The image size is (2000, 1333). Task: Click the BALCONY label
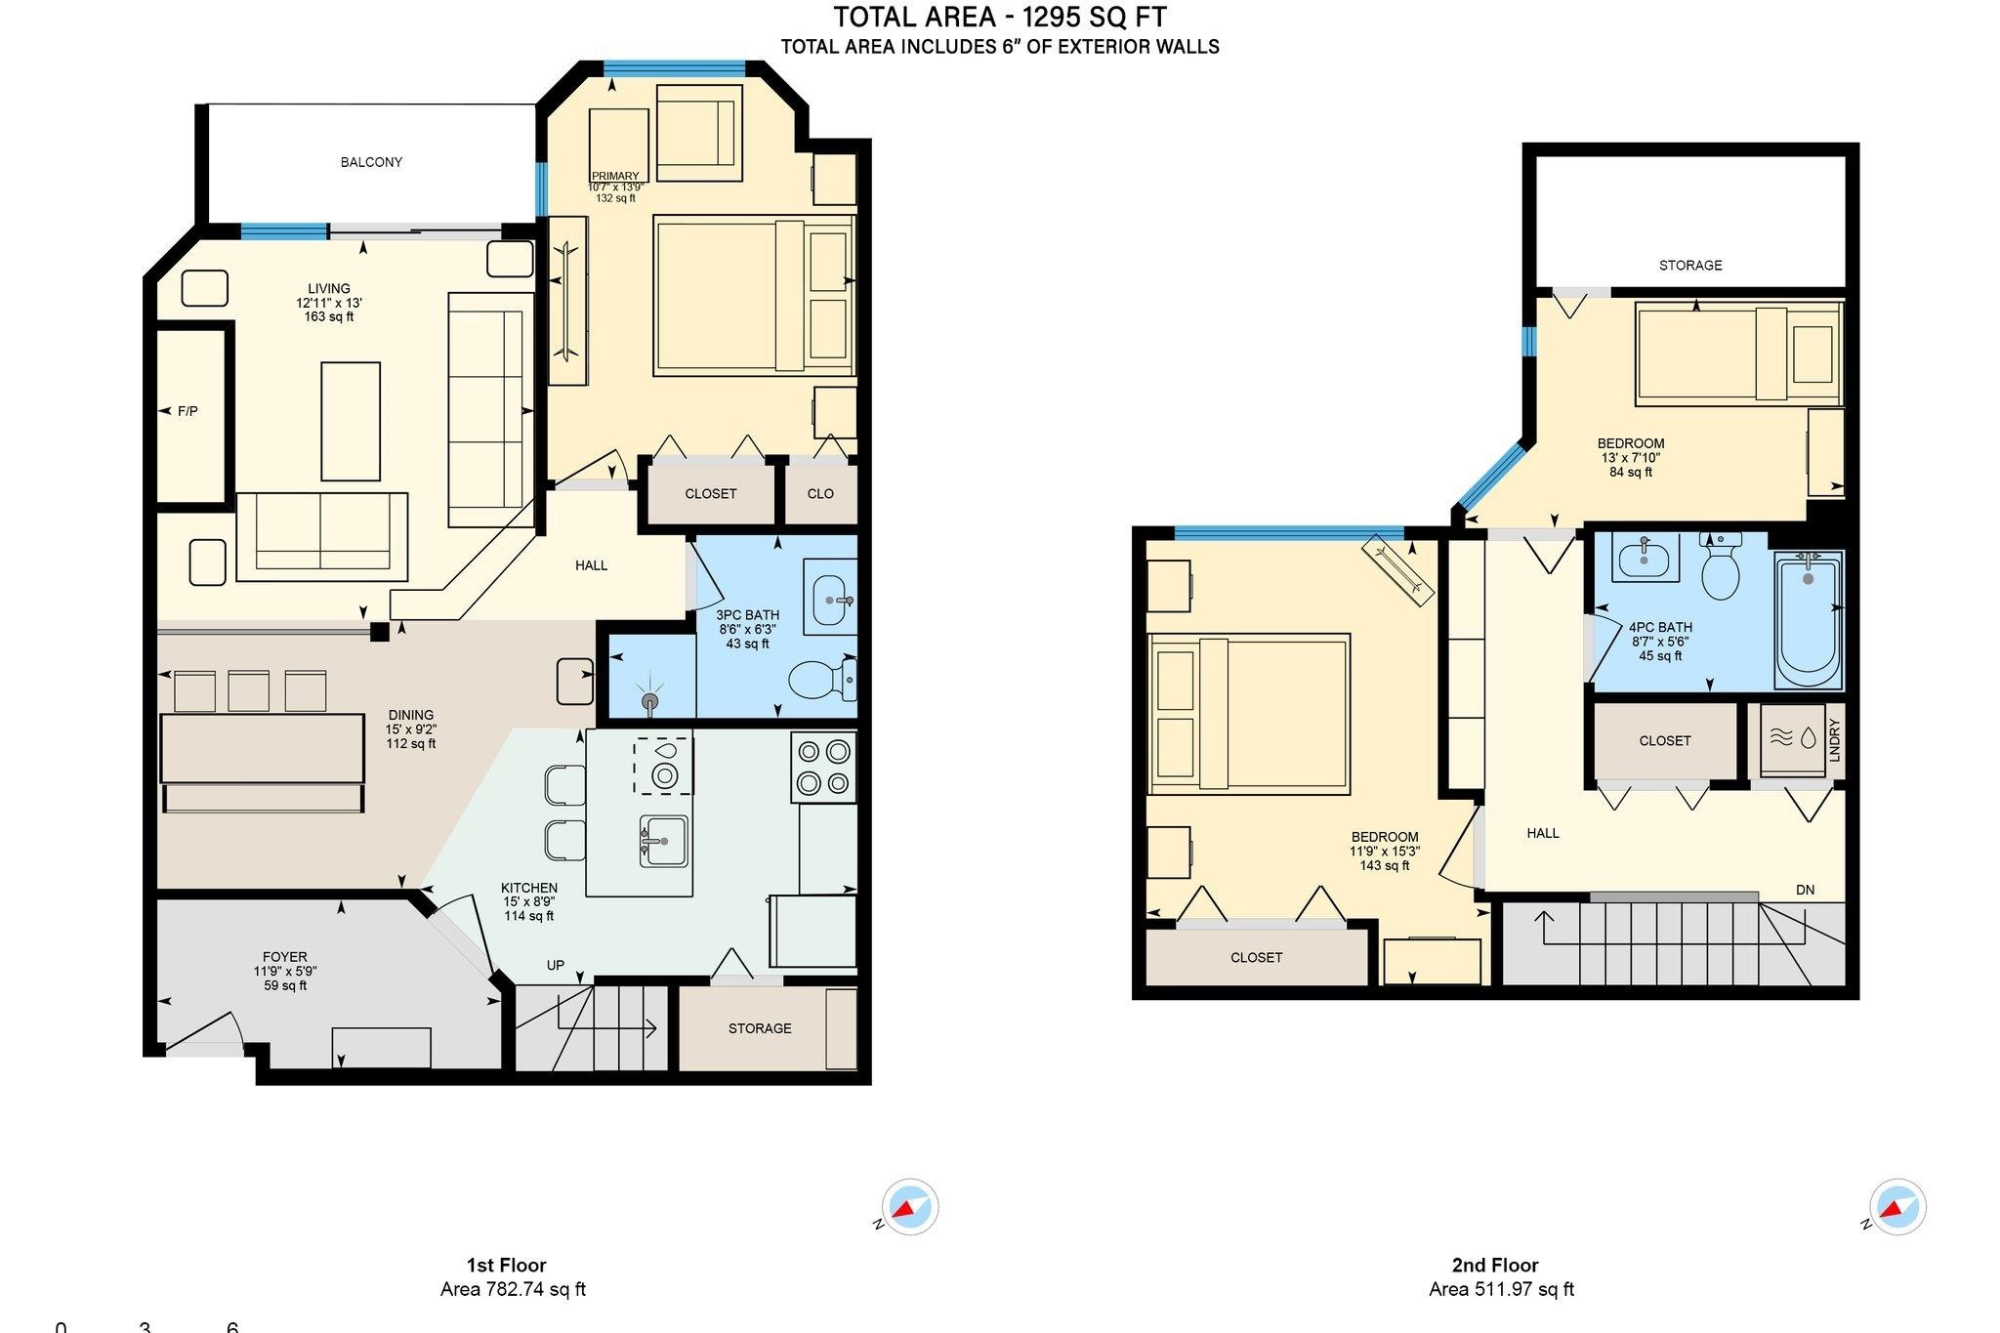(371, 162)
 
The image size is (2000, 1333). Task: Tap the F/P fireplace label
(187, 411)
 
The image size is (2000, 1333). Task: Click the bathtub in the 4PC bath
(1808, 619)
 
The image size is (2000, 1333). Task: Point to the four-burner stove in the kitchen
(823, 767)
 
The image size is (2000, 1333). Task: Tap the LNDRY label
(1834, 740)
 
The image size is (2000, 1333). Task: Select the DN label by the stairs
(1805, 890)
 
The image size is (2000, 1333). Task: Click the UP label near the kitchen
(555, 965)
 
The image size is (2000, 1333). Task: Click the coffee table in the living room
(351, 421)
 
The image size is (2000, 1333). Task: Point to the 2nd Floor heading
(1495, 1266)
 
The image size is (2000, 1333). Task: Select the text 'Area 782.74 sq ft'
(513, 1289)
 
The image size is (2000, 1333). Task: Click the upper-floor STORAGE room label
(1690, 265)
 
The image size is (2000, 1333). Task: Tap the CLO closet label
(820, 493)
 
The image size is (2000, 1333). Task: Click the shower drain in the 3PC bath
(650, 700)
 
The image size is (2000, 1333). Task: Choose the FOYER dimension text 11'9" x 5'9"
(285, 972)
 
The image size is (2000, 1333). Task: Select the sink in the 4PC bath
(1646, 558)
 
